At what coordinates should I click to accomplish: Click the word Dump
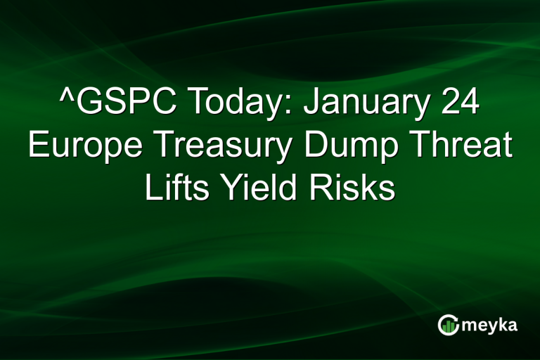coord(345,148)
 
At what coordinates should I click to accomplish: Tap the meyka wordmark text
coord(489,324)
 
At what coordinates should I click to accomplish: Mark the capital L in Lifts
coord(151,188)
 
